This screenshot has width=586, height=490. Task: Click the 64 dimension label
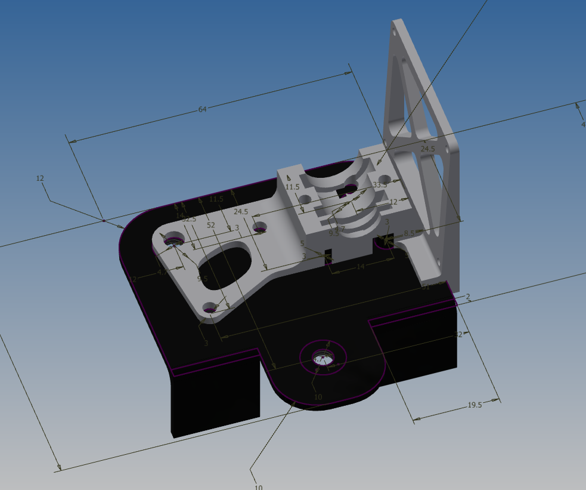coord(202,109)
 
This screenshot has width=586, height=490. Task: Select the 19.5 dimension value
coord(475,405)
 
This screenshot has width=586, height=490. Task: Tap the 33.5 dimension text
coord(380,185)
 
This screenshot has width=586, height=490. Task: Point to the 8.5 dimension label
coord(409,233)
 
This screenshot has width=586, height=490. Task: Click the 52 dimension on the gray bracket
coord(211,225)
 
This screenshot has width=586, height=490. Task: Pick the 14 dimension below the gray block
coord(360,267)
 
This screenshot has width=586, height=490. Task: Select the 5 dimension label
coord(302,244)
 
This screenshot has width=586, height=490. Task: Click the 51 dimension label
coord(425,288)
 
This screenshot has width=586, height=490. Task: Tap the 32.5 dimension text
coord(189,219)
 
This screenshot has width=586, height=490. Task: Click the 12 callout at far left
coord(41,178)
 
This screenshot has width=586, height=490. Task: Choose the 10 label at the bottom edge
coord(259,487)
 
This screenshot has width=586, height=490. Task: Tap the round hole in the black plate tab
coord(324,358)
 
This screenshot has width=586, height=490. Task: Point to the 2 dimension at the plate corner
coord(468,297)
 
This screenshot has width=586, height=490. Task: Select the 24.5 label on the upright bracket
coord(428,149)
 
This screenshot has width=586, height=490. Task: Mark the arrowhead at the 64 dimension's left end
coord(72,142)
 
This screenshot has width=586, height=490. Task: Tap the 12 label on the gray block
coord(393,202)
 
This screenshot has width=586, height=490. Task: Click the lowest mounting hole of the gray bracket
coord(209,309)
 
